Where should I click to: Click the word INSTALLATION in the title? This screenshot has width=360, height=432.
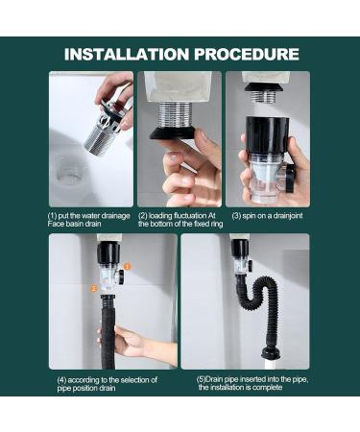coord(125,55)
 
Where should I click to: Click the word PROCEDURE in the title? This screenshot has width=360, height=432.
coord(248,55)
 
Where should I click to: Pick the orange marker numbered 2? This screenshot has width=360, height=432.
coord(94,286)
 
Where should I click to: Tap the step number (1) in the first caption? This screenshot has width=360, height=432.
coord(55,215)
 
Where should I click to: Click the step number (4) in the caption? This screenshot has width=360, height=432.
coord(61,379)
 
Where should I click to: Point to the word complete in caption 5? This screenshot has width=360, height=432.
coord(279,387)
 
